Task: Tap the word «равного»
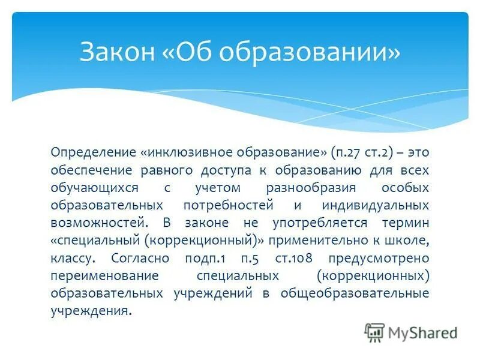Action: click(170, 170)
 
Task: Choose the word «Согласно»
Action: click(140, 258)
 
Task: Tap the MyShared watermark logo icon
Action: click(374, 332)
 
